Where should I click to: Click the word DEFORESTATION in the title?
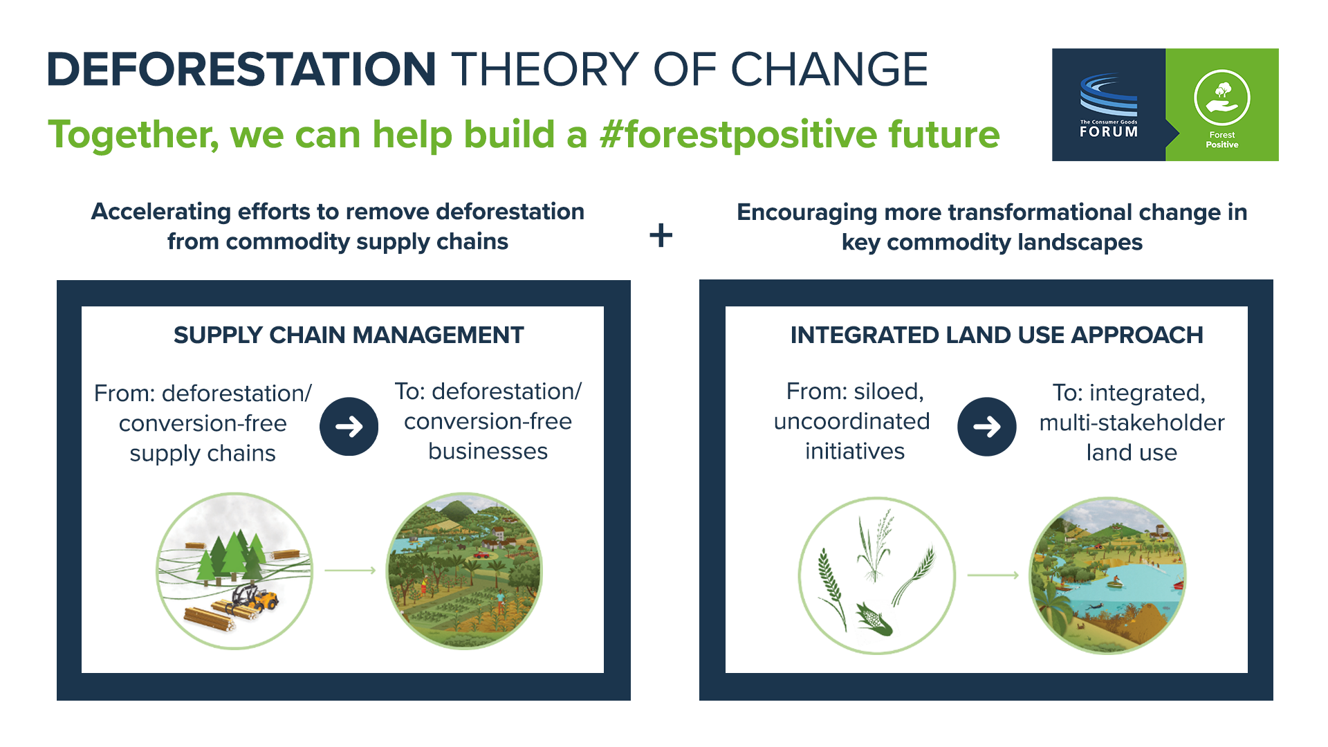pyautogui.click(x=241, y=69)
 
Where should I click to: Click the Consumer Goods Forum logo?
pyautogui.click(x=1109, y=105)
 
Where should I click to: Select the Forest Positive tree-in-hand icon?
pyautogui.click(x=1221, y=98)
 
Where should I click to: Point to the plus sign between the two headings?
pyautogui.click(x=661, y=235)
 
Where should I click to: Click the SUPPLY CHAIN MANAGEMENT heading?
pyautogui.click(x=349, y=335)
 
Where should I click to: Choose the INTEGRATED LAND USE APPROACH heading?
pyautogui.click(x=997, y=335)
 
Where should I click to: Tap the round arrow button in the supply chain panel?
pyautogui.click(x=349, y=426)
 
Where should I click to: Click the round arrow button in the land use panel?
pyautogui.click(x=987, y=426)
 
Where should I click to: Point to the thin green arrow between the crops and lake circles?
pyautogui.click(x=993, y=575)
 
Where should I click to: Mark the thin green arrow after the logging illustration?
pyautogui.click(x=350, y=570)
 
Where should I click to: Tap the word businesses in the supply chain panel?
pyautogui.click(x=488, y=451)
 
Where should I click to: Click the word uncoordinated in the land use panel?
pyautogui.click(x=851, y=421)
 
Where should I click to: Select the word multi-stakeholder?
pyautogui.click(x=1132, y=423)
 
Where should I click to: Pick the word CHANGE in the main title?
pyautogui.click(x=829, y=69)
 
